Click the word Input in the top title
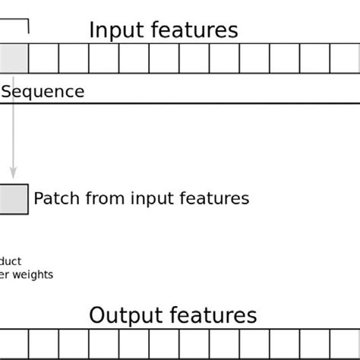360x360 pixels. tap(115, 30)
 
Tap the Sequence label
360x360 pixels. tap(43, 92)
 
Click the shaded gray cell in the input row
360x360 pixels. tap(13, 58)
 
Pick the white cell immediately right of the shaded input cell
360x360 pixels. tap(43, 58)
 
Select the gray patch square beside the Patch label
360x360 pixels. tap(13, 199)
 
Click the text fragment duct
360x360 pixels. tap(11, 261)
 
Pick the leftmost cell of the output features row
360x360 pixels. tap(14, 344)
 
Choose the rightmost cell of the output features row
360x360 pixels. tap(345, 344)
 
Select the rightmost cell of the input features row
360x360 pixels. tap(345, 58)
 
